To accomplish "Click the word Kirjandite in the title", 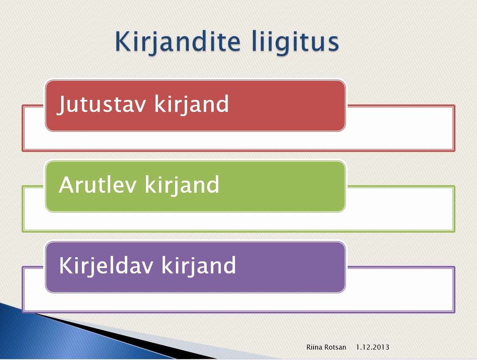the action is (x=178, y=42).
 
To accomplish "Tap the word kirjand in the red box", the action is (x=191, y=104).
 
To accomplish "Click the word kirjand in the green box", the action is (x=182, y=185).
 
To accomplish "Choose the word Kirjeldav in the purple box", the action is (x=106, y=265).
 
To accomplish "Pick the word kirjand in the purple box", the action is (x=199, y=266).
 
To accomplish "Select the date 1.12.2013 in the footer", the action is (x=373, y=347).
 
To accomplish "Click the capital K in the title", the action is (x=123, y=41).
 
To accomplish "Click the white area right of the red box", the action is (x=400, y=128).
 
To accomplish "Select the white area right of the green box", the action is (x=400, y=209).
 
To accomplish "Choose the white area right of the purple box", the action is (x=400, y=289).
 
